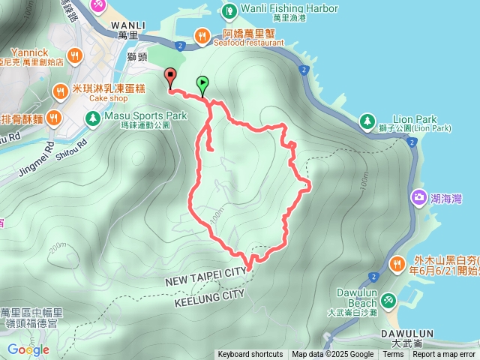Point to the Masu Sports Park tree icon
point(91,117)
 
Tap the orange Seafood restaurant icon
point(202,34)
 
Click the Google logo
point(28,349)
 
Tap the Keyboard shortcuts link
point(250,355)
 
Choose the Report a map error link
point(445,355)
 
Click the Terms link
point(393,355)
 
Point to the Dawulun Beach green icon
point(388,301)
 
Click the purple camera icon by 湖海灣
point(417,198)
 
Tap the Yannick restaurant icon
point(74,55)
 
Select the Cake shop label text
point(88,98)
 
